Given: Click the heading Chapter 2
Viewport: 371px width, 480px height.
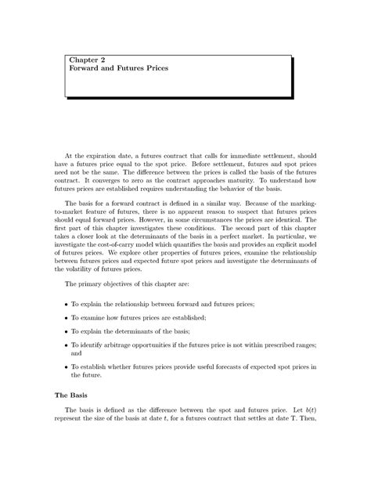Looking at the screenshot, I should coord(85,60).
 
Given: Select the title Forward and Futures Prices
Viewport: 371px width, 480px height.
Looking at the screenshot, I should coord(117,69).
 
